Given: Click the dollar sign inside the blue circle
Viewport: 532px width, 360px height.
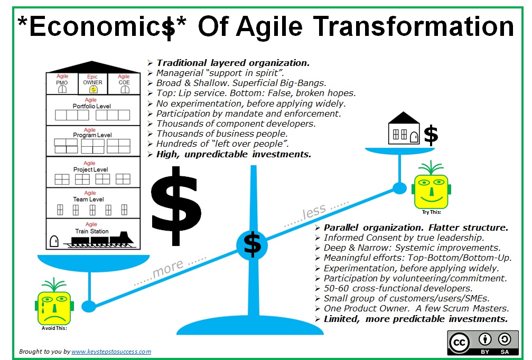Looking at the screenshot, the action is coord(252,245).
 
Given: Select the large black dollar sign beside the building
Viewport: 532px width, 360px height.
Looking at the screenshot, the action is coord(176,206).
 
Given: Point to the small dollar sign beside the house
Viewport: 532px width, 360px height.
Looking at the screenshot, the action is coord(431,135).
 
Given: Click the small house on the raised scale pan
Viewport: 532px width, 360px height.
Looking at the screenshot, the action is coord(404,128).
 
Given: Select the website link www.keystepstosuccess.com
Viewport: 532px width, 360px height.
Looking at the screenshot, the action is coord(111,352).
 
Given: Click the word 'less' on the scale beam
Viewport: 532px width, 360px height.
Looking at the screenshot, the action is coord(314,212).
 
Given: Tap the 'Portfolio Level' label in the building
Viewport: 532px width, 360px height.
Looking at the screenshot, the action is coord(91,106).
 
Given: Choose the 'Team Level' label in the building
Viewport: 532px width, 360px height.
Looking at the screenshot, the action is coord(89,200).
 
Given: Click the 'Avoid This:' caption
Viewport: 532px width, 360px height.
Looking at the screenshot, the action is coord(54,328).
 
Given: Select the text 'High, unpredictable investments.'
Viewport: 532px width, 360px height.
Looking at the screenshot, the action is coord(234,154).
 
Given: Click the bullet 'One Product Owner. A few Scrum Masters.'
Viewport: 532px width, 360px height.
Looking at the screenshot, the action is coord(416,308).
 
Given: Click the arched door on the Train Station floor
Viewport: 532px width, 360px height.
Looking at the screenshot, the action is coord(54,241).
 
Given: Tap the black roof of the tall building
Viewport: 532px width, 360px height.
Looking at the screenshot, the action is coord(92,67).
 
